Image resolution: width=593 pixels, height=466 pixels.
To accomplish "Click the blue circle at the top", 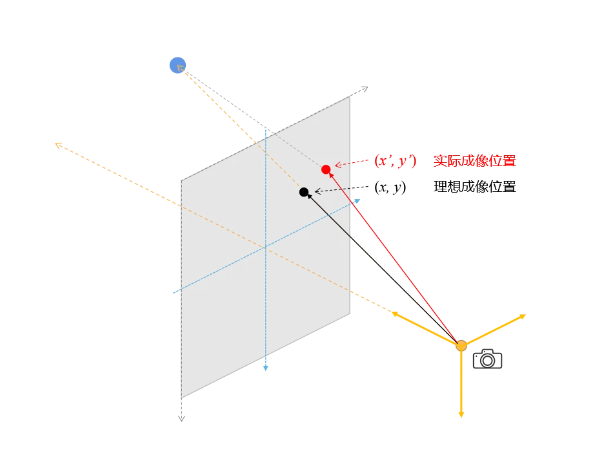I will [x=177, y=65].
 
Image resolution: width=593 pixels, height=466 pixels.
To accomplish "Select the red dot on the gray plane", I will [x=326, y=169].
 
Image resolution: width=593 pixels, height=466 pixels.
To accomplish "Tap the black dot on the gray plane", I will [x=304, y=192].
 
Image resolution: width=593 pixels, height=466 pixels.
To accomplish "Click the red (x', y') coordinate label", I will [x=396, y=162].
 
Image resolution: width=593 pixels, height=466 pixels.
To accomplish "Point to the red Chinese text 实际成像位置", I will [x=474, y=162].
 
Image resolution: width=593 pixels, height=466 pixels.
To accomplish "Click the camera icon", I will [x=487, y=359].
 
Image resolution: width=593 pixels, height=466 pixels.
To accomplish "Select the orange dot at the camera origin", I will [x=461, y=346].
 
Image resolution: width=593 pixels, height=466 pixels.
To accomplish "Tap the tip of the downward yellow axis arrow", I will [x=461, y=416].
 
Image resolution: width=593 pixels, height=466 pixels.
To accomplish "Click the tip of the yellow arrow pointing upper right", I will [x=524, y=315].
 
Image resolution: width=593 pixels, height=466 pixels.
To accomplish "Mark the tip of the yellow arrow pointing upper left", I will [x=393, y=313].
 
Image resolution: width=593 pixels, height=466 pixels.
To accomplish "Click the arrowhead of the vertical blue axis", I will [x=265, y=369].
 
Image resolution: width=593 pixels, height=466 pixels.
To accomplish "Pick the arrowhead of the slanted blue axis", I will [x=358, y=200].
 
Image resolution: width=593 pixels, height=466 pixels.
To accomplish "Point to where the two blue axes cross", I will [x=265, y=246].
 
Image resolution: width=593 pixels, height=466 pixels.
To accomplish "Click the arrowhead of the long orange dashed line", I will [x=57, y=144].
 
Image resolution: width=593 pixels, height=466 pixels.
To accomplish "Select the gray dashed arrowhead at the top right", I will [x=365, y=88].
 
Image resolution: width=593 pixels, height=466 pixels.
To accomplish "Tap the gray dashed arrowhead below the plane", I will [x=181, y=419].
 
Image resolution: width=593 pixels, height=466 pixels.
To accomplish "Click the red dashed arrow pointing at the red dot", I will [x=352, y=164].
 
